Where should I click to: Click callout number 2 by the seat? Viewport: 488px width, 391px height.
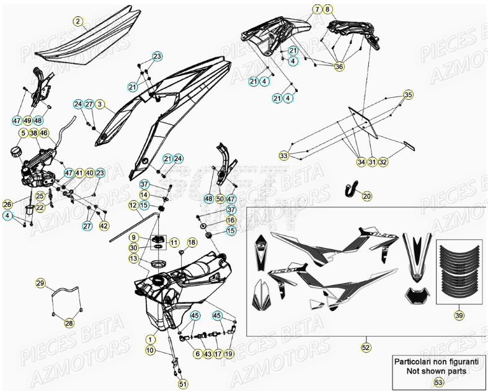click(x=78, y=22)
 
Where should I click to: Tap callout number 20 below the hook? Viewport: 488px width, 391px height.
click(x=366, y=196)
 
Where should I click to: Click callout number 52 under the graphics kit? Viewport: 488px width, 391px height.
click(x=366, y=348)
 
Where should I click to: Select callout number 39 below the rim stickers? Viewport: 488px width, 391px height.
click(x=458, y=315)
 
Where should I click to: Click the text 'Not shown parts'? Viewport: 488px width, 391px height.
click(x=438, y=371)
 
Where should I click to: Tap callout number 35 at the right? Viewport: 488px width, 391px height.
click(x=407, y=95)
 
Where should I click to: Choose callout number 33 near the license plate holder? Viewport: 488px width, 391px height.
click(x=283, y=155)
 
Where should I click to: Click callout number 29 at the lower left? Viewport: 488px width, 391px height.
click(x=40, y=284)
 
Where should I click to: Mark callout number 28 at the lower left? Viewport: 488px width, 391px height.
click(x=69, y=323)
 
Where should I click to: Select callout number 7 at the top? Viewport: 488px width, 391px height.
click(x=316, y=9)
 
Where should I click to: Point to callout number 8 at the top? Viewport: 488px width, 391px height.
click(x=328, y=9)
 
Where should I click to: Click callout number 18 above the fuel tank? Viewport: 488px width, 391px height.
click(x=192, y=242)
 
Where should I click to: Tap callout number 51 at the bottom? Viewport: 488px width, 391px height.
click(x=183, y=384)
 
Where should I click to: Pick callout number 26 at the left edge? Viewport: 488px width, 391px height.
click(x=7, y=204)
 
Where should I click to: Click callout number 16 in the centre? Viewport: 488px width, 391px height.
click(x=231, y=220)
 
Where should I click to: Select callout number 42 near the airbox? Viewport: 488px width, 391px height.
click(x=104, y=226)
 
